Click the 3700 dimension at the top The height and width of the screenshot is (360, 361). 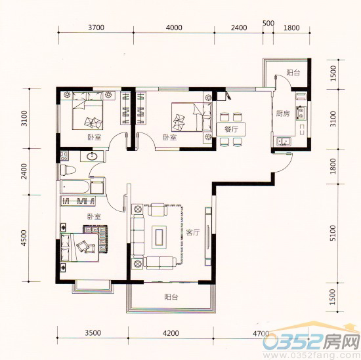(x=96, y=28)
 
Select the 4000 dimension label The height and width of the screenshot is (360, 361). (x=174, y=28)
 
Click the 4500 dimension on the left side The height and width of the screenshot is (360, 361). (x=24, y=237)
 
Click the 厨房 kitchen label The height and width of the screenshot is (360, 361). (x=284, y=113)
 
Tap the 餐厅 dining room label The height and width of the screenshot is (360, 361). (x=230, y=129)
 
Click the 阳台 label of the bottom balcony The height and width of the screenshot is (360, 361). (x=171, y=297)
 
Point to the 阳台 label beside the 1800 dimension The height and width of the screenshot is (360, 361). (x=293, y=73)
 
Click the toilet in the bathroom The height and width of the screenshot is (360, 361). (x=67, y=170)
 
